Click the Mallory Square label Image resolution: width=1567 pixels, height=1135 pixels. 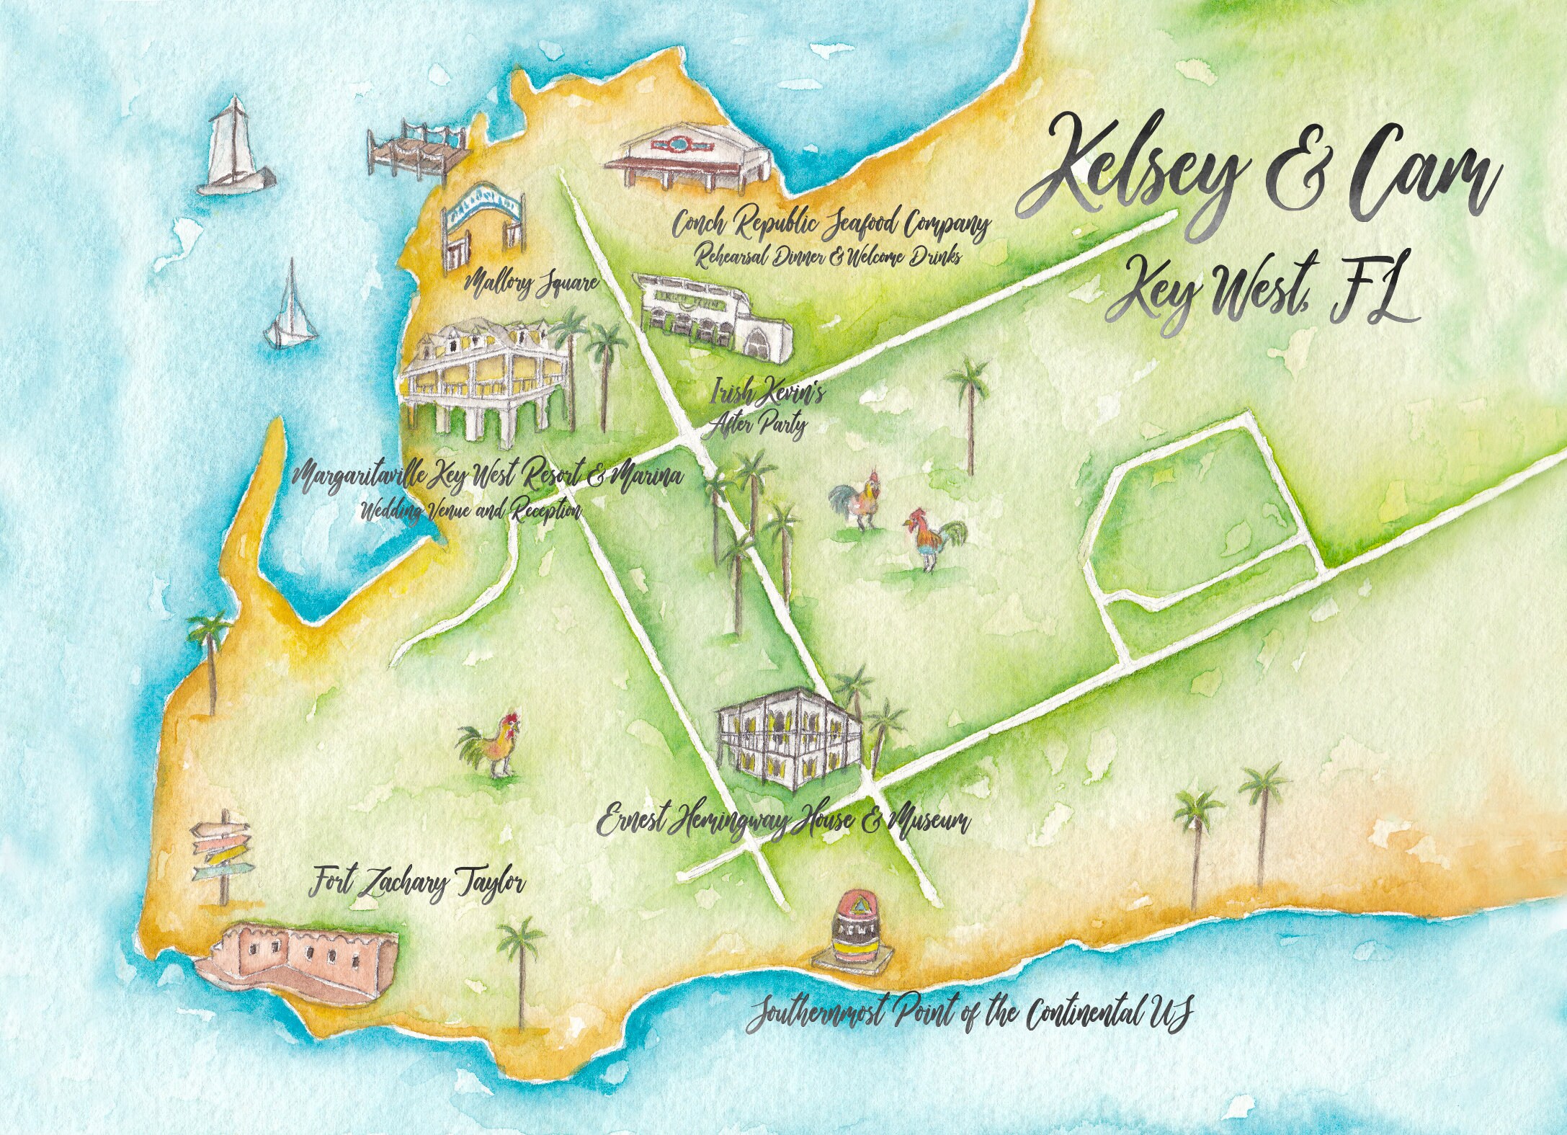click(x=532, y=283)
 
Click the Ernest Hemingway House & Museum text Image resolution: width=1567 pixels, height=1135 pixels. click(x=784, y=821)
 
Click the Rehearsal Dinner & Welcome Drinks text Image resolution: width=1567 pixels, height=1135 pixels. click(x=821, y=257)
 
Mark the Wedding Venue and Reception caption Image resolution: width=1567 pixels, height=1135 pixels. click(x=470, y=510)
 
